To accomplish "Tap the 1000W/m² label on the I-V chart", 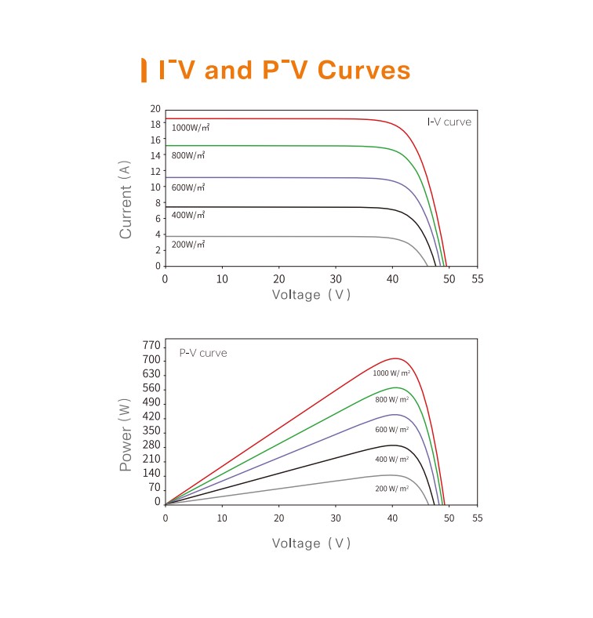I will (x=190, y=127).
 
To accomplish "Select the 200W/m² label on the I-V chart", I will (x=188, y=245).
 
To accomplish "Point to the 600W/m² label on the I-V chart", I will (x=188, y=187).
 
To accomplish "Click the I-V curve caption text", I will (x=449, y=122).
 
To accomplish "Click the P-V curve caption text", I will (x=203, y=353).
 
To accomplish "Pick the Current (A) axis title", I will (x=126, y=200).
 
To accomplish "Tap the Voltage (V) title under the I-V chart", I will (x=311, y=295).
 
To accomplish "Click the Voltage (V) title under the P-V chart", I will (x=311, y=543).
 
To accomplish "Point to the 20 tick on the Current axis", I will (x=155, y=109).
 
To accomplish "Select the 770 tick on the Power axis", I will (x=152, y=346).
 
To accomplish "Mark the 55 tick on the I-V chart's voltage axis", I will (x=478, y=279).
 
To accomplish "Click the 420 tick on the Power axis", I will (x=152, y=416).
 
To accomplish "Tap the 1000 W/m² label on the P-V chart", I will (x=391, y=373).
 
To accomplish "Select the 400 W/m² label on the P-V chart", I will (x=391, y=460).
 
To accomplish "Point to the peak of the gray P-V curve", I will (x=389, y=474).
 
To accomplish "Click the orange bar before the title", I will (x=143, y=70).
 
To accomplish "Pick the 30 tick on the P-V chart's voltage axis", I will (x=336, y=518).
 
